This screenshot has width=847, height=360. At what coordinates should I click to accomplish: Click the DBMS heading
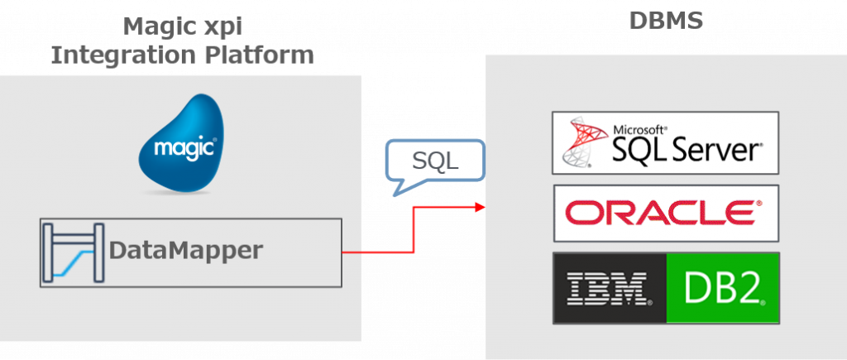666,20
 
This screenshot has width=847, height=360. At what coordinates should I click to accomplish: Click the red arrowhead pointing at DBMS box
481,205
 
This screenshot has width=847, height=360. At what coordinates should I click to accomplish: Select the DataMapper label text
186,250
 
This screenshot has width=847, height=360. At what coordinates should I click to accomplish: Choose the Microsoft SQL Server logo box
666,142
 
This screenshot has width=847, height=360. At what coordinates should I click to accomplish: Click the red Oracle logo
665,213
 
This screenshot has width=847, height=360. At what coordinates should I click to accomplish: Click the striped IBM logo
608,288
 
